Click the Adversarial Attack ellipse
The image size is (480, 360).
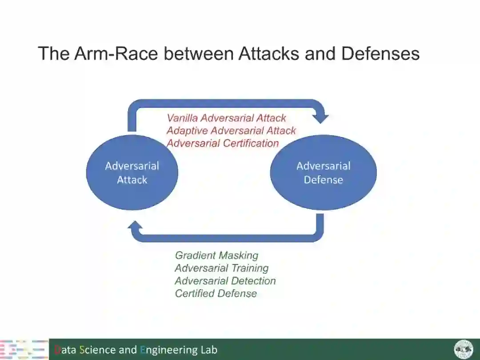point(132,172)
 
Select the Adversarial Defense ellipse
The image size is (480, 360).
point(323,172)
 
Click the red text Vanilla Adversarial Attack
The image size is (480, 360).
point(226,118)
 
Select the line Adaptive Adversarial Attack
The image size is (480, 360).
point(231,131)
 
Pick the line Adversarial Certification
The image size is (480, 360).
point(223,143)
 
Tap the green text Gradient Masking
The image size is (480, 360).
point(216,256)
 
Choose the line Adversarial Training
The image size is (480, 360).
point(221,268)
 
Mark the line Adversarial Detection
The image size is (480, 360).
point(225,281)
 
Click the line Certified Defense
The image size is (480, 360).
point(216,293)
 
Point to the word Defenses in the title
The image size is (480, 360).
point(380,54)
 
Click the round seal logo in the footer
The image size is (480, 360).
point(464,349)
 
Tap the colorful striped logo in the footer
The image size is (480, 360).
point(24,349)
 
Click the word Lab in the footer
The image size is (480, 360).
point(208,350)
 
